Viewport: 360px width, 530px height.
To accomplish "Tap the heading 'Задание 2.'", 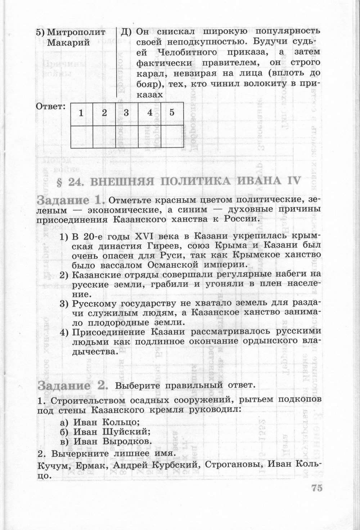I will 72,386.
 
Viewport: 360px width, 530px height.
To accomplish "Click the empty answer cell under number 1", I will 81,137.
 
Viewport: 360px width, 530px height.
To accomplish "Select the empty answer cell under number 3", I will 126,137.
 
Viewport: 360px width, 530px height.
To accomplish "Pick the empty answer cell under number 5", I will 172,137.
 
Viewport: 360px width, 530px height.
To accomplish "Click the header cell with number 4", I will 150,113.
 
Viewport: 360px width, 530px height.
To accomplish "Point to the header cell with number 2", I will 104,113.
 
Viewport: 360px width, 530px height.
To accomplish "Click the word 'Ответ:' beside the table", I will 51,106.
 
